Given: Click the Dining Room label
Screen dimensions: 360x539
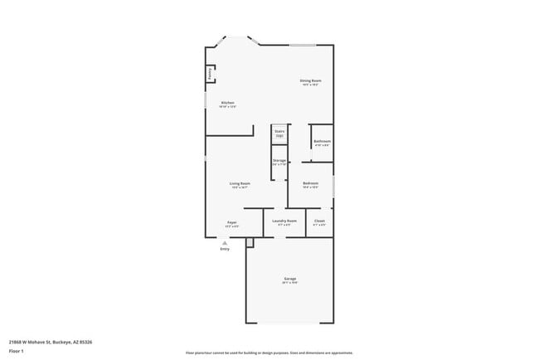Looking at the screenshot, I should pos(311,80).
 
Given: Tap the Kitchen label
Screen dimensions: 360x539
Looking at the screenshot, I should pos(227,103).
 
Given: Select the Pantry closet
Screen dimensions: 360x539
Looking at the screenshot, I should pos(210,74).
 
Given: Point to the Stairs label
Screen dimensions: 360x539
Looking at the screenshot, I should pos(279,131).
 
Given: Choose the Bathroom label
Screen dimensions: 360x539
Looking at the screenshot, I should pos(322,142).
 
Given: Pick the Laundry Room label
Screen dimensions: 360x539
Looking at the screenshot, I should pos(284,221).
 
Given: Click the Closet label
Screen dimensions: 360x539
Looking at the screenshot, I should pos(319,221).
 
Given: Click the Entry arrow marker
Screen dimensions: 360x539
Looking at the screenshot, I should pos(224,242).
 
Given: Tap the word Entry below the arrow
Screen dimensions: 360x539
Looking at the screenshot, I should pos(224,249).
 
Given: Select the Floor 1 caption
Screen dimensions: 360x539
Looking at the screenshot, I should pos(17,352).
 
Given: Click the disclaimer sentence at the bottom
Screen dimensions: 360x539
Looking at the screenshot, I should pos(269,352).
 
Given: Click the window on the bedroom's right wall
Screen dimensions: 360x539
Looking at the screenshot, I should pos(333,184).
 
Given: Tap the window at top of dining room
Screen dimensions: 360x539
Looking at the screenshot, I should pos(302,45).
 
